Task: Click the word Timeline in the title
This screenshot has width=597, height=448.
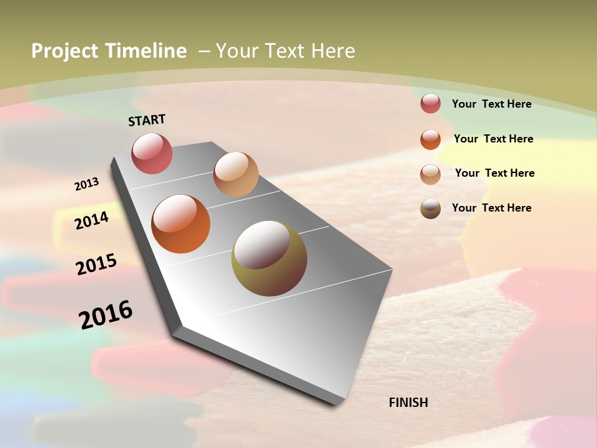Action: pyautogui.click(x=146, y=51)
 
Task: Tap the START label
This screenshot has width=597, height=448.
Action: pyautogui.click(x=147, y=120)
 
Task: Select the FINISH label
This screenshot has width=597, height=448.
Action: pyautogui.click(x=409, y=403)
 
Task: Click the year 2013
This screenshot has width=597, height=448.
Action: pyautogui.click(x=87, y=184)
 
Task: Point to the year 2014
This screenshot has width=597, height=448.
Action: pyautogui.click(x=92, y=220)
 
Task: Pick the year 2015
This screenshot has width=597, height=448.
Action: pyautogui.click(x=96, y=264)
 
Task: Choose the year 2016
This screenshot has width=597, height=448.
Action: pyautogui.click(x=106, y=314)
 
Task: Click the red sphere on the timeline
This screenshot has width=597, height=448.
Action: pyautogui.click(x=152, y=153)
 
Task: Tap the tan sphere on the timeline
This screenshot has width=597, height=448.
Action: pyautogui.click(x=236, y=174)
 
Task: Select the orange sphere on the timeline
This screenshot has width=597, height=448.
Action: pyautogui.click(x=181, y=224)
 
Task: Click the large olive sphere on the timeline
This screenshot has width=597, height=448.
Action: pyautogui.click(x=269, y=258)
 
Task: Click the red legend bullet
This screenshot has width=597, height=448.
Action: pyautogui.click(x=430, y=103)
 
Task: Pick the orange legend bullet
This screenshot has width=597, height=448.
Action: pyautogui.click(x=430, y=139)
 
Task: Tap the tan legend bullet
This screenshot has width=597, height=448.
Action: pyautogui.click(x=430, y=174)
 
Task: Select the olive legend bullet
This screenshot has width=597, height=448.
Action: pyautogui.click(x=430, y=208)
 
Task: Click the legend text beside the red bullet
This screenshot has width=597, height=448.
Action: pyautogui.click(x=491, y=104)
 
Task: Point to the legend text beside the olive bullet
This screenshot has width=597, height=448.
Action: pyautogui.click(x=491, y=208)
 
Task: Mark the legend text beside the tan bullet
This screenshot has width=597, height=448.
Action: pyautogui.click(x=494, y=173)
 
